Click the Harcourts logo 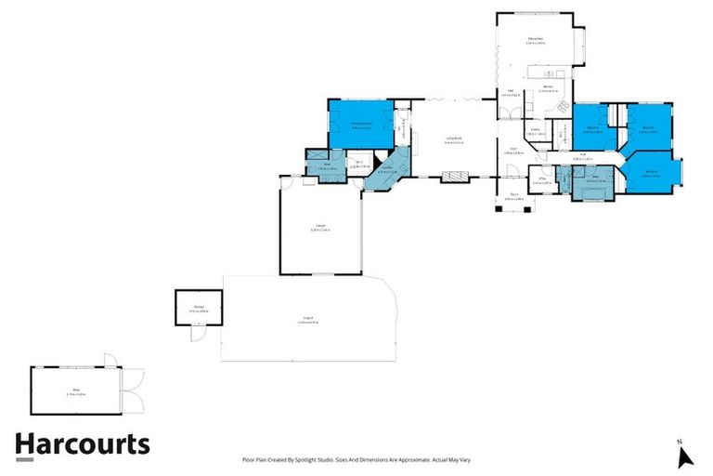point(82,444)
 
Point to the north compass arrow point(685,456)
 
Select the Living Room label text point(454,140)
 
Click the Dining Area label point(536,39)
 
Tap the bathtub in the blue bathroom point(594,190)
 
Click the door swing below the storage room point(196,334)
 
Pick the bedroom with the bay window point(653,173)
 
